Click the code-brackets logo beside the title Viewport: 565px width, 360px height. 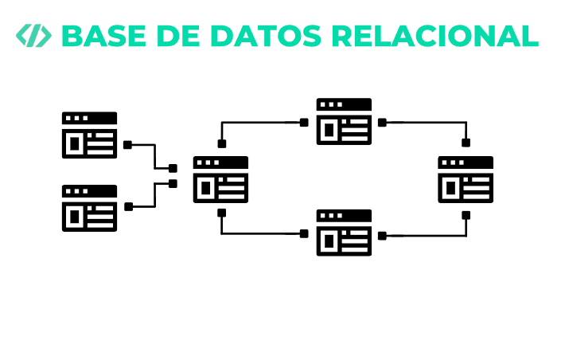[34, 36]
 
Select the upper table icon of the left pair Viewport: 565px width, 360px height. [89, 135]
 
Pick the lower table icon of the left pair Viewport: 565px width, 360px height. [89, 208]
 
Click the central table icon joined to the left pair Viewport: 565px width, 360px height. [220, 179]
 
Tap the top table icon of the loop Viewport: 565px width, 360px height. [344, 121]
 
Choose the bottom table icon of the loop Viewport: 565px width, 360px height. [344, 233]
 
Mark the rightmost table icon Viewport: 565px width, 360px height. [466, 179]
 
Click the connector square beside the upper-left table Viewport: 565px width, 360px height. [127, 145]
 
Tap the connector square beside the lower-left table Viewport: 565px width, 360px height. [127, 205]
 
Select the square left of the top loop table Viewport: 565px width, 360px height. [304, 123]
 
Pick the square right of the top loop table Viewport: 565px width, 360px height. [383, 123]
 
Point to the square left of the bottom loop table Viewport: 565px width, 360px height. [304, 234]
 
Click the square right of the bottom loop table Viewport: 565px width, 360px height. [383, 235]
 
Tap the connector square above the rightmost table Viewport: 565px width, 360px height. [466, 143]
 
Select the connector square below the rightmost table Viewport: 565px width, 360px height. [466, 213]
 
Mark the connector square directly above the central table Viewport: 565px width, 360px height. [222, 144]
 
